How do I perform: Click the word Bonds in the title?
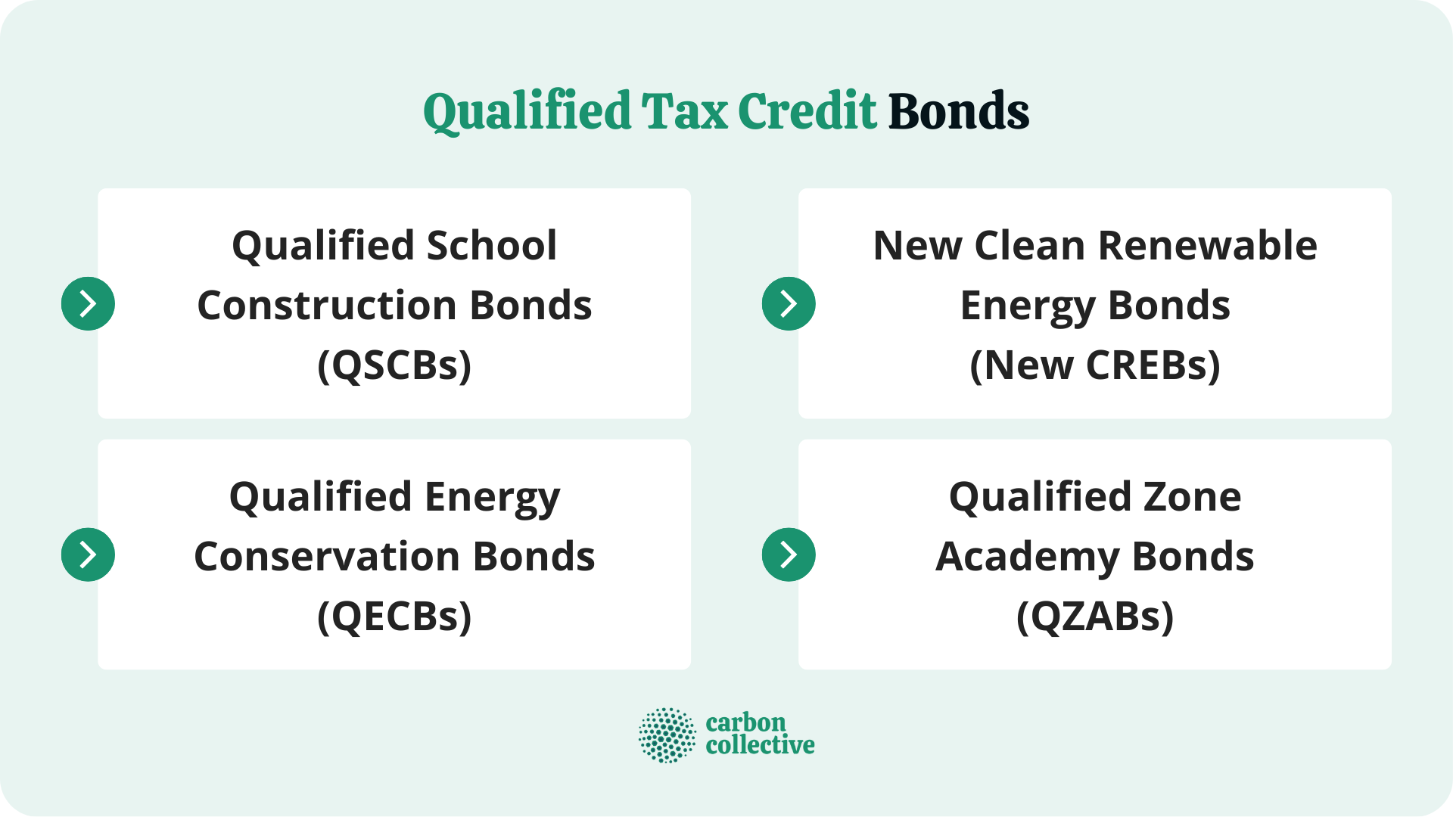(958, 111)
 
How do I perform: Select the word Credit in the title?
(807, 111)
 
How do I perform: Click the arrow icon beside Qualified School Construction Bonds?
(88, 304)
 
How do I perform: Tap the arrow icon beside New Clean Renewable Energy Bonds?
(789, 304)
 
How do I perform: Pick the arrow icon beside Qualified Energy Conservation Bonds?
(88, 555)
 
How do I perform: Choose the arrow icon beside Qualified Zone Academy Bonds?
(789, 555)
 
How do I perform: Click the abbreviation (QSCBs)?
(394, 365)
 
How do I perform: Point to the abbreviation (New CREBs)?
(1094, 365)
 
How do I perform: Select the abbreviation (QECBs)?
(394, 617)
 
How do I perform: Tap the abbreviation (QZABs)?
(1094, 617)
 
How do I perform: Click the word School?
(492, 246)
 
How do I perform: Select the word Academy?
(1027, 558)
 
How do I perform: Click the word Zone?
(1192, 497)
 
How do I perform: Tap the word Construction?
(327, 306)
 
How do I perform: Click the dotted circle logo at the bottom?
(667, 735)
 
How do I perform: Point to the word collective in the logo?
(760, 746)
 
